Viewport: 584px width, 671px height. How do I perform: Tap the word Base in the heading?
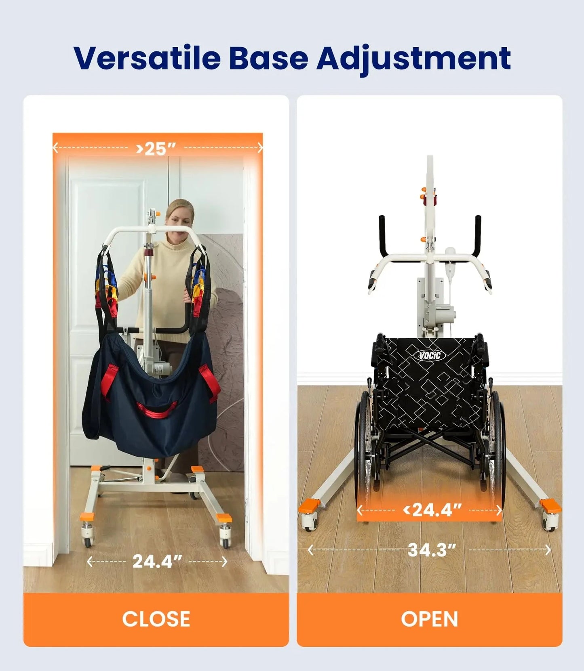pos(268,59)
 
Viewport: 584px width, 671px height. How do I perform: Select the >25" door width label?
pos(156,149)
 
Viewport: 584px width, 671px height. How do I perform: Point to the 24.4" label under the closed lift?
pos(157,561)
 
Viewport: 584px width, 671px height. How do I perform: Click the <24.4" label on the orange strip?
pos(432,510)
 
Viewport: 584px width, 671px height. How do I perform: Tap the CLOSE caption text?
pos(156,619)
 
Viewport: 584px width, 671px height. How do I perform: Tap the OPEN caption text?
pos(429,619)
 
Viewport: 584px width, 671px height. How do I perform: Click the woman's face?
pos(179,217)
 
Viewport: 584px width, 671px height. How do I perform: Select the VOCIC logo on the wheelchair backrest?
pos(429,355)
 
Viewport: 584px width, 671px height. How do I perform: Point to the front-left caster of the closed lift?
pos(88,537)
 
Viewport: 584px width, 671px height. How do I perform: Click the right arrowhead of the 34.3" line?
pos(548,550)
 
